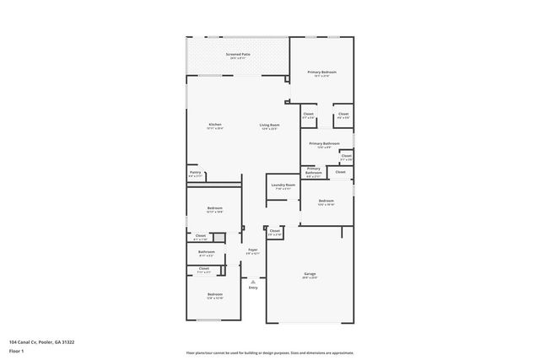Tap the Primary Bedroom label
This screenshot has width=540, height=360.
coord(321,73)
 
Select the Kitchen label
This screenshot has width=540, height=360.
coord(215,125)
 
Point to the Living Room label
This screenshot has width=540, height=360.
coord(269,125)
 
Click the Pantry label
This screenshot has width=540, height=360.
coord(195,172)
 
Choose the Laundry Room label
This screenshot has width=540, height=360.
coord(283,185)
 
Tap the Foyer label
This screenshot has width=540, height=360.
coord(252,249)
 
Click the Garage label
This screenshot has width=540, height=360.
coord(310,274)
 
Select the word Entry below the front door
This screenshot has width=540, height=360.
coord(252,288)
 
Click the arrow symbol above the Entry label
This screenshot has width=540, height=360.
coord(252,281)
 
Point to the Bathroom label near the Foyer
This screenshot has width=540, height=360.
coord(207,251)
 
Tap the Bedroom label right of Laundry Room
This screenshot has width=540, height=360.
coord(327,200)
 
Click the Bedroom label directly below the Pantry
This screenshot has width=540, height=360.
coord(214,207)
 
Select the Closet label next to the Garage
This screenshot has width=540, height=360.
coord(275,230)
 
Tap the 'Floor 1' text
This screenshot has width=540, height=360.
coord(17,351)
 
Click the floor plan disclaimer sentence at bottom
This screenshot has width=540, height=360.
coord(269,353)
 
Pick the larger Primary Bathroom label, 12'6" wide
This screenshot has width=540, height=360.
coord(324,143)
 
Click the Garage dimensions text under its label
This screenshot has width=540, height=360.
coord(310,278)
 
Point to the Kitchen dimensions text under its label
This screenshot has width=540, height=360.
coord(215,129)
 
